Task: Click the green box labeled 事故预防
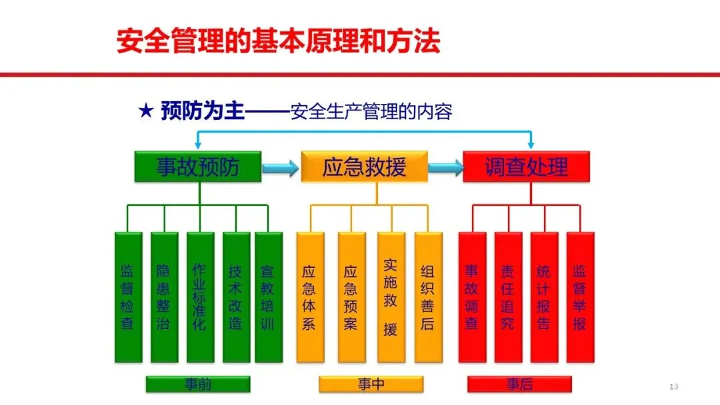pos(198,167)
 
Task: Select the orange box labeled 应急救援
pos(364,167)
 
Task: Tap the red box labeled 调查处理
pos(527,167)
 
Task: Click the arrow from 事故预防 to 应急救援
pos(281,167)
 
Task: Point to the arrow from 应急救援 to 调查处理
pos(445,167)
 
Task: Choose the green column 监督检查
pos(128,297)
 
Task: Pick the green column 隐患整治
pos(164,297)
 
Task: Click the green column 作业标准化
pos(200,297)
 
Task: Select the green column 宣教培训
pos(269,297)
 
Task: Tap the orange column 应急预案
pos(351,297)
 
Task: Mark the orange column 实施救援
pos(391,297)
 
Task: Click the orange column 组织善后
pos(428,297)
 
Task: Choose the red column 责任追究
pos(508,297)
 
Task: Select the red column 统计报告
pos(544,297)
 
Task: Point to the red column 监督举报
pos(580,297)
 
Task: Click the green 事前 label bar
pos(198,384)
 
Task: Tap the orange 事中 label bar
pos(371,384)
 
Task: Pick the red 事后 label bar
pos(519,384)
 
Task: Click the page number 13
pos(673,387)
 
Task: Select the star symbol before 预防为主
pos(146,111)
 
